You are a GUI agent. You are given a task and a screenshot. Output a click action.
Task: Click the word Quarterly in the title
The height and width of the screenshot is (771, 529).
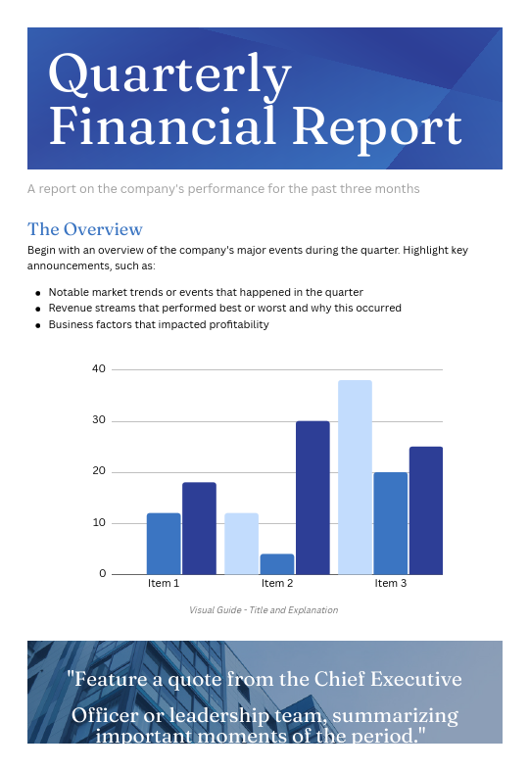pyautogui.click(x=169, y=75)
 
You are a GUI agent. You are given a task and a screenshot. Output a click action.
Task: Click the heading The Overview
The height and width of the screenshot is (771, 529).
pyautogui.click(x=85, y=229)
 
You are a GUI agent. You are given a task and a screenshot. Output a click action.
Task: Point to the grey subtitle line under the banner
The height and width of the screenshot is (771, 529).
pyautogui.click(x=223, y=188)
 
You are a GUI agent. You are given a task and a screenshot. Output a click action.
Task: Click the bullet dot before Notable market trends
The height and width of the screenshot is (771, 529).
pyautogui.click(x=37, y=293)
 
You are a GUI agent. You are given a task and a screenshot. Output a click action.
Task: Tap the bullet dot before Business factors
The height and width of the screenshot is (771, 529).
pyautogui.click(x=37, y=324)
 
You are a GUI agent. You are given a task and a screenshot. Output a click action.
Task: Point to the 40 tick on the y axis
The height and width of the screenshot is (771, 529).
pyautogui.click(x=98, y=369)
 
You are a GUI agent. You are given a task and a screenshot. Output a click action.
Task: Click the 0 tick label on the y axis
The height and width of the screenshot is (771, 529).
pyautogui.click(x=102, y=574)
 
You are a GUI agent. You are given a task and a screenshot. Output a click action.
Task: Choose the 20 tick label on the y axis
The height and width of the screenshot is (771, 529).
pyautogui.click(x=98, y=472)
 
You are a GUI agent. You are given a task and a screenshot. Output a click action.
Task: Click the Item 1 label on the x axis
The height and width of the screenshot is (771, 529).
pyautogui.click(x=164, y=584)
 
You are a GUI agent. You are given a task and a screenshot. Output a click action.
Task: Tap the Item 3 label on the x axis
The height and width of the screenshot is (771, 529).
pyautogui.click(x=391, y=584)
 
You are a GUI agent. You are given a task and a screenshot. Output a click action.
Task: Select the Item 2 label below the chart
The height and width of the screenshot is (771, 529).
pyautogui.click(x=277, y=584)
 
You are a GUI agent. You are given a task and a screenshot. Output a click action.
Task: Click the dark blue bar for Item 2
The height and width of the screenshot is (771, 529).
pyautogui.click(x=313, y=498)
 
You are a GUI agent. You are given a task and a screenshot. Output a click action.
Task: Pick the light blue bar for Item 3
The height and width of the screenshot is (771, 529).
pyautogui.click(x=355, y=477)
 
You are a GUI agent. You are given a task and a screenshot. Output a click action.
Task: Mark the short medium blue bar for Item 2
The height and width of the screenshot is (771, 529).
pyautogui.click(x=277, y=564)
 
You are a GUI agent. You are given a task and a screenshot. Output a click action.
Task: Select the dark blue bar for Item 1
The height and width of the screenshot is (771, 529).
pyautogui.click(x=199, y=528)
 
